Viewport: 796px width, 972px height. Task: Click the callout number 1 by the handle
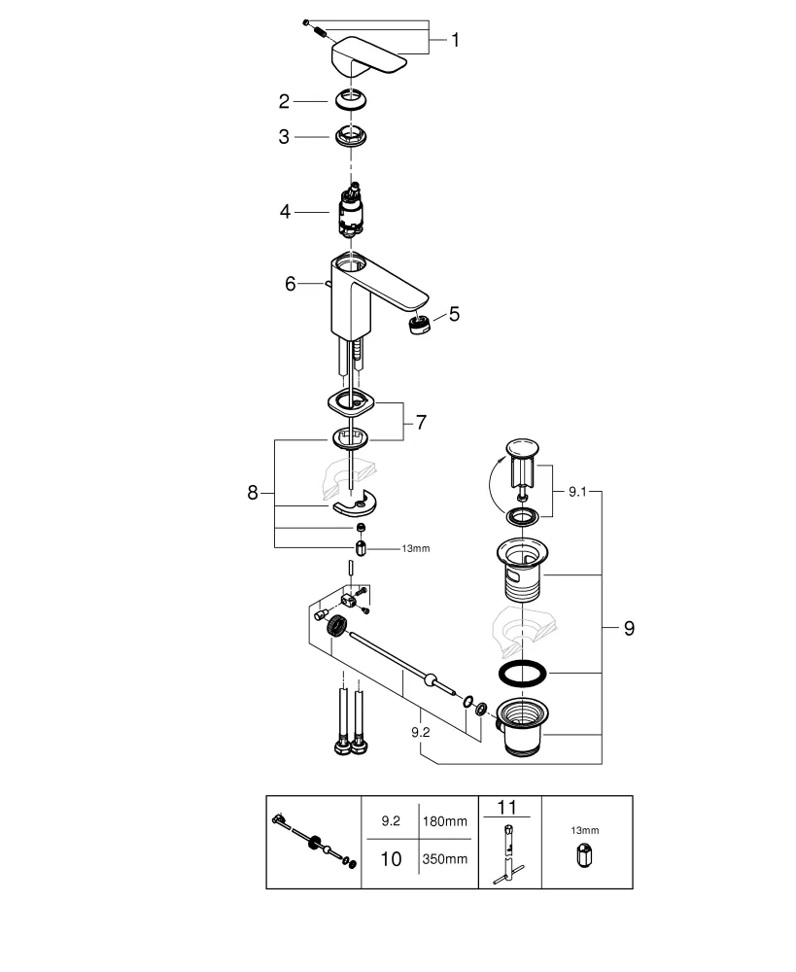[455, 40]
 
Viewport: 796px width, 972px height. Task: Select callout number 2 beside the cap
[284, 101]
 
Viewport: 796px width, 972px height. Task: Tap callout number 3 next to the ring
[284, 138]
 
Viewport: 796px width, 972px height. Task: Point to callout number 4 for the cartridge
[284, 210]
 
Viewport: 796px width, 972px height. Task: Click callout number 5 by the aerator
[454, 314]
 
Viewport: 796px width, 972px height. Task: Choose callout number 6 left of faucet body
[290, 283]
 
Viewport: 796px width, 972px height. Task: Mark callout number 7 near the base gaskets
[420, 423]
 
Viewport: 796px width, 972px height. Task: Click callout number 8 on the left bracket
[253, 493]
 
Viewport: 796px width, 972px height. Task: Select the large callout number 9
[628, 629]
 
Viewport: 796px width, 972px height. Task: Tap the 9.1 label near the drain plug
[579, 493]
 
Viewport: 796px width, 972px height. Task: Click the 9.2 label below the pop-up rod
[420, 732]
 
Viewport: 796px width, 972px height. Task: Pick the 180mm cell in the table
[444, 821]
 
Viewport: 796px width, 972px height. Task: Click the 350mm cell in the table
[444, 859]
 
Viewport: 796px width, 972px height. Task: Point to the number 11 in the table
[508, 806]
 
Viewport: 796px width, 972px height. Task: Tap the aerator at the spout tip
[418, 324]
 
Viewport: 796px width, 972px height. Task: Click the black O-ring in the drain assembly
[522, 672]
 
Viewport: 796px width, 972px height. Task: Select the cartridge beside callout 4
[352, 210]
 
